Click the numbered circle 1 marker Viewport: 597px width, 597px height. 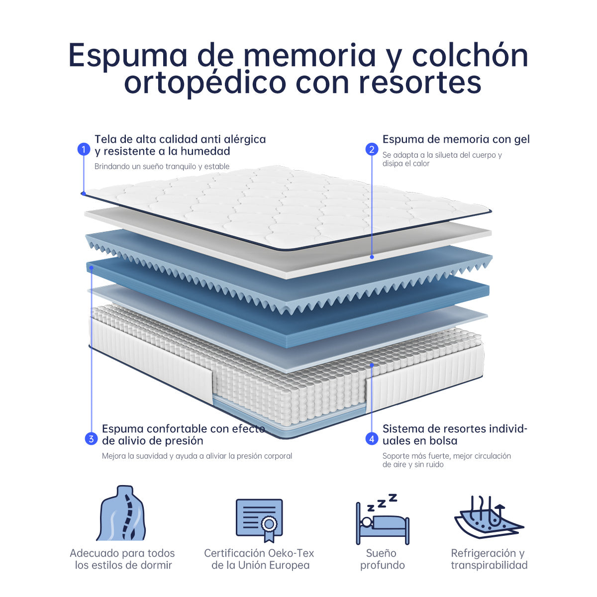click(x=84, y=149)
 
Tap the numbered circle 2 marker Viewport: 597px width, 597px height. click(x=372, y=149)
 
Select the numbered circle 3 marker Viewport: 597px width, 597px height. click(x=91, y=439)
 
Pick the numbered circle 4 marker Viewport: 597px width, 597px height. click(x=372, y=439)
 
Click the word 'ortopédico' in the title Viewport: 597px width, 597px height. click(x=205, y=83)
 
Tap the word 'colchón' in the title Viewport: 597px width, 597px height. click(x=470, y=55)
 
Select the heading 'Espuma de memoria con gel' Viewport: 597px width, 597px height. click(x=456, y=139)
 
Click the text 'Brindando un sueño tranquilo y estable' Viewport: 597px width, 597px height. click(x=162, y=166)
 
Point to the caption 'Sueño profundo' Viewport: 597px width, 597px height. click(x=382, y=559)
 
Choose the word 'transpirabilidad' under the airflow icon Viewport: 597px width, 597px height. click(x=489, y=565)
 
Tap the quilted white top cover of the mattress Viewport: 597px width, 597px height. click(x=287, y=207)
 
